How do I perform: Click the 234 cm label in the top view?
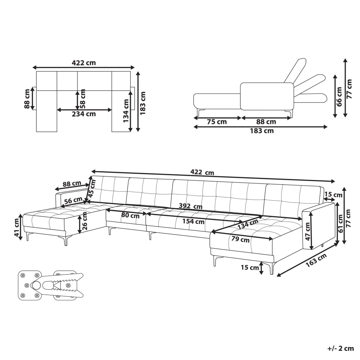(84, 114)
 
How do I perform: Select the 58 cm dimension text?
(82, 99)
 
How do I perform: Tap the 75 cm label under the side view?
(217, 122)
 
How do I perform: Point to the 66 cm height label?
(339, 96)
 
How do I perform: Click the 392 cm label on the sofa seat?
(190, 206)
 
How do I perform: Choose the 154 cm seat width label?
(193, 221)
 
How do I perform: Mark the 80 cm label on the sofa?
(130, 216)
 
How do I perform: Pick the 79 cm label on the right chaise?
(240, 239)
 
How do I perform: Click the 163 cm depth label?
(316, 260)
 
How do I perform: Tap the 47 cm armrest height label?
(308, 231)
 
